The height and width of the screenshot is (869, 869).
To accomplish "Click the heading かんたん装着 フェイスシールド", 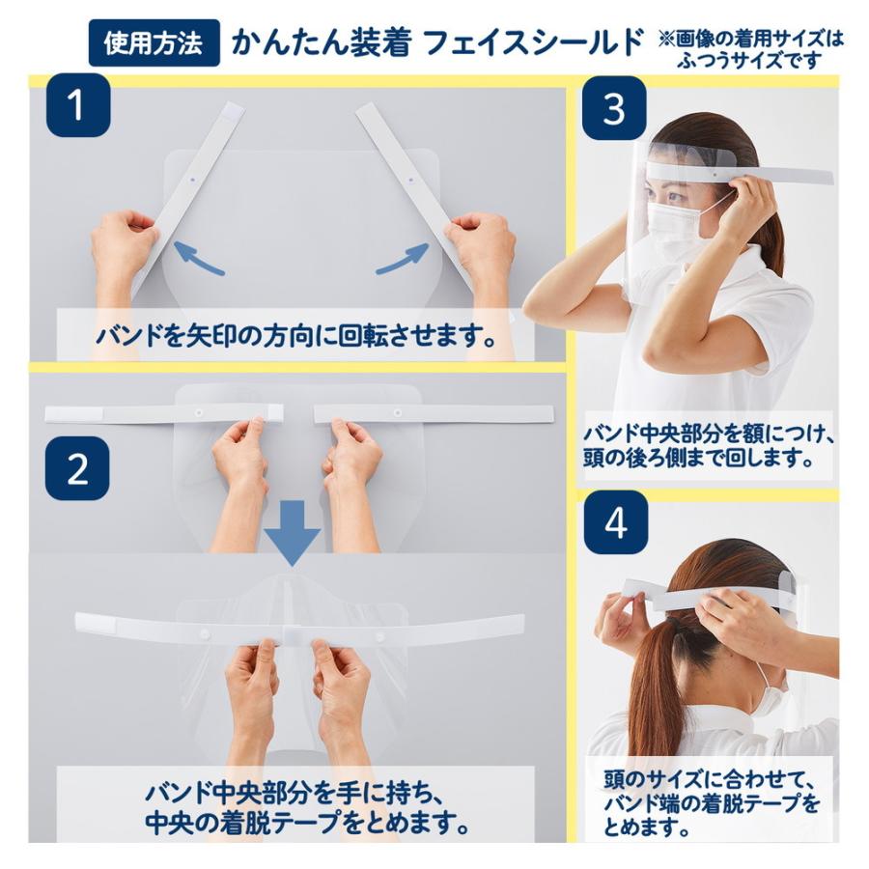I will tap(436, 43).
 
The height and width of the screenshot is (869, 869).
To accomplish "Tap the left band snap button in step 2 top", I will tap(199, 412).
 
